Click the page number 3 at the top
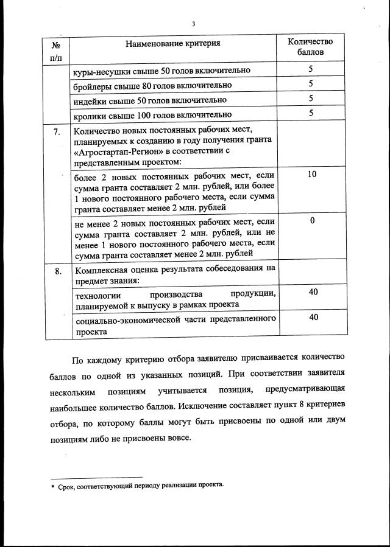click(193, 24)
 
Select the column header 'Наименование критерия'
click(172, 43)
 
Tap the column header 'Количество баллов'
click(310, 47)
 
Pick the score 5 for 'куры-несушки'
click(311, 70)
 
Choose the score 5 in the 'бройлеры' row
click(311, 84)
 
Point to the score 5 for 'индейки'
click(311, 99)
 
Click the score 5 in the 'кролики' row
click(311, 113)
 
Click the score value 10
click(311, 175)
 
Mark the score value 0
click(311, 221)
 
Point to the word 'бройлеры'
click(91, 85)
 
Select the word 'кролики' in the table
click(90, 114)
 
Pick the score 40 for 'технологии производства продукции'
click(313, 293)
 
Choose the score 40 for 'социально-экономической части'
click(313, 317)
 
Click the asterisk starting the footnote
click(53, 486)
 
